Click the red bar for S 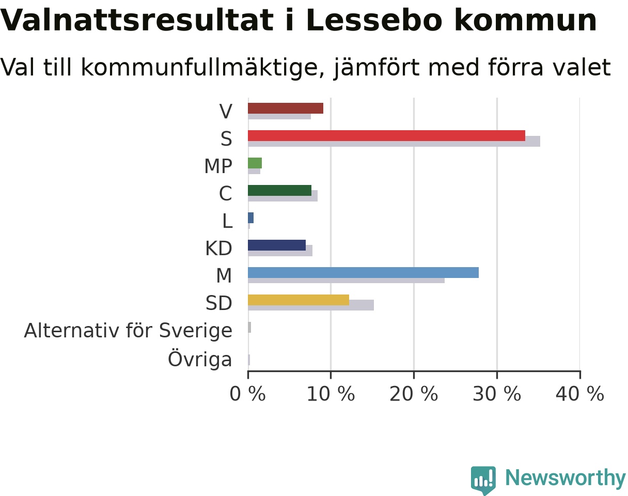(x=386, y=136)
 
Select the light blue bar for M (x=363, y=272)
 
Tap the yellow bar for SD (x=299, y=300)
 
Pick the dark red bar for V (x=286, y=109)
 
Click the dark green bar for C (x=279, y=190)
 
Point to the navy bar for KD (x=277, y=245)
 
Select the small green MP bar (x=255, y=163)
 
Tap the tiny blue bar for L (x=250, y=218)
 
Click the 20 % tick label (x=414, y=394)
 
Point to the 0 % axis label (x=247, y=394)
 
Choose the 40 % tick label (x=579, y=394)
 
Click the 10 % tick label (x=331, y=394)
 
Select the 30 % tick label (x=497, y=394)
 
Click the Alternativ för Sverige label (x=128, y=331)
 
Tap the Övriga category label (x=200, y=359)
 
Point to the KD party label (x=218, y=249)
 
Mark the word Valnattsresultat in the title (x=136, y=20)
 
